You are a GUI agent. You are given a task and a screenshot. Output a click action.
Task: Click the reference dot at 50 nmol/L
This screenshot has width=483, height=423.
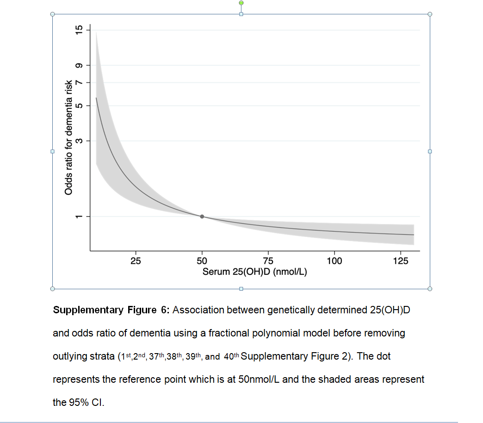pyautogui.click(x=202, y=217)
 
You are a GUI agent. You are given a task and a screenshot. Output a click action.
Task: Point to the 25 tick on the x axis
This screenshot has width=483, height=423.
pyautogui.click(x=136, y=261)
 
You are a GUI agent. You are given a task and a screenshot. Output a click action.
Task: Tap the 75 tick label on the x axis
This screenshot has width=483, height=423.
pyautogui.click(x=268, y=261)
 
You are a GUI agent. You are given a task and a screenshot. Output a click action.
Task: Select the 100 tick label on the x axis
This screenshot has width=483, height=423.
pyautogui.click(x=334, y=261)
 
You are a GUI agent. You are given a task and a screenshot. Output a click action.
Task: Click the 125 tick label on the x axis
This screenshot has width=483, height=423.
pyautogui.click(x=400, y=261)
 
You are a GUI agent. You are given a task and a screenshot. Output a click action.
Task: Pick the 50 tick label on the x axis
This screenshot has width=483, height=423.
pyautogui.click(x=202, y=261)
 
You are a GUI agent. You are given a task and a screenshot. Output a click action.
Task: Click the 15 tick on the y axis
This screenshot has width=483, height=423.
pyautogui.click(x=80, y=31)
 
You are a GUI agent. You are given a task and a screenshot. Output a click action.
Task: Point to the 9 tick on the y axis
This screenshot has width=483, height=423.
pyautogui.click(x=80, y=66)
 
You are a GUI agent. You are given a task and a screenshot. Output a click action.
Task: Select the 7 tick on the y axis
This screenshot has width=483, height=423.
pyautogui.click(x=80, y=82)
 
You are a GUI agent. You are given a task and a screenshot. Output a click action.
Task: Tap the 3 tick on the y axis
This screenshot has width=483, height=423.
pyautogui.click(x=80, y=140)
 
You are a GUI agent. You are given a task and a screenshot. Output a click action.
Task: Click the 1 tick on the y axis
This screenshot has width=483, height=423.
pyautogui.click(x=80, y=217)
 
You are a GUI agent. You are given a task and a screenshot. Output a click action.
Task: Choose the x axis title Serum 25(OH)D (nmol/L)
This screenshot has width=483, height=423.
pyautogui.click(x=255, y=272)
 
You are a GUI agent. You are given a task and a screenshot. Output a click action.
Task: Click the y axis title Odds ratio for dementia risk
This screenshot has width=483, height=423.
pyautogui.click(x=68, y=137)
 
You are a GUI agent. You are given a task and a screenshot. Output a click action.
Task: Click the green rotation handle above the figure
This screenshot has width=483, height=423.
pyautogui.click(x=241, y=3)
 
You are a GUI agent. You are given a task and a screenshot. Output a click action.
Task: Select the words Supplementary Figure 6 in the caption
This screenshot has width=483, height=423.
pyautogui.click(x=111, y=310)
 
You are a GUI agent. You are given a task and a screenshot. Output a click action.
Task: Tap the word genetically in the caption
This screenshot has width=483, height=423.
pyautogui.click(x=291, y=310)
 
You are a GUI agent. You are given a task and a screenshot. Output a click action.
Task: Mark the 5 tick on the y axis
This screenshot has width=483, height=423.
pyautogui.click(x=80, y=106)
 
